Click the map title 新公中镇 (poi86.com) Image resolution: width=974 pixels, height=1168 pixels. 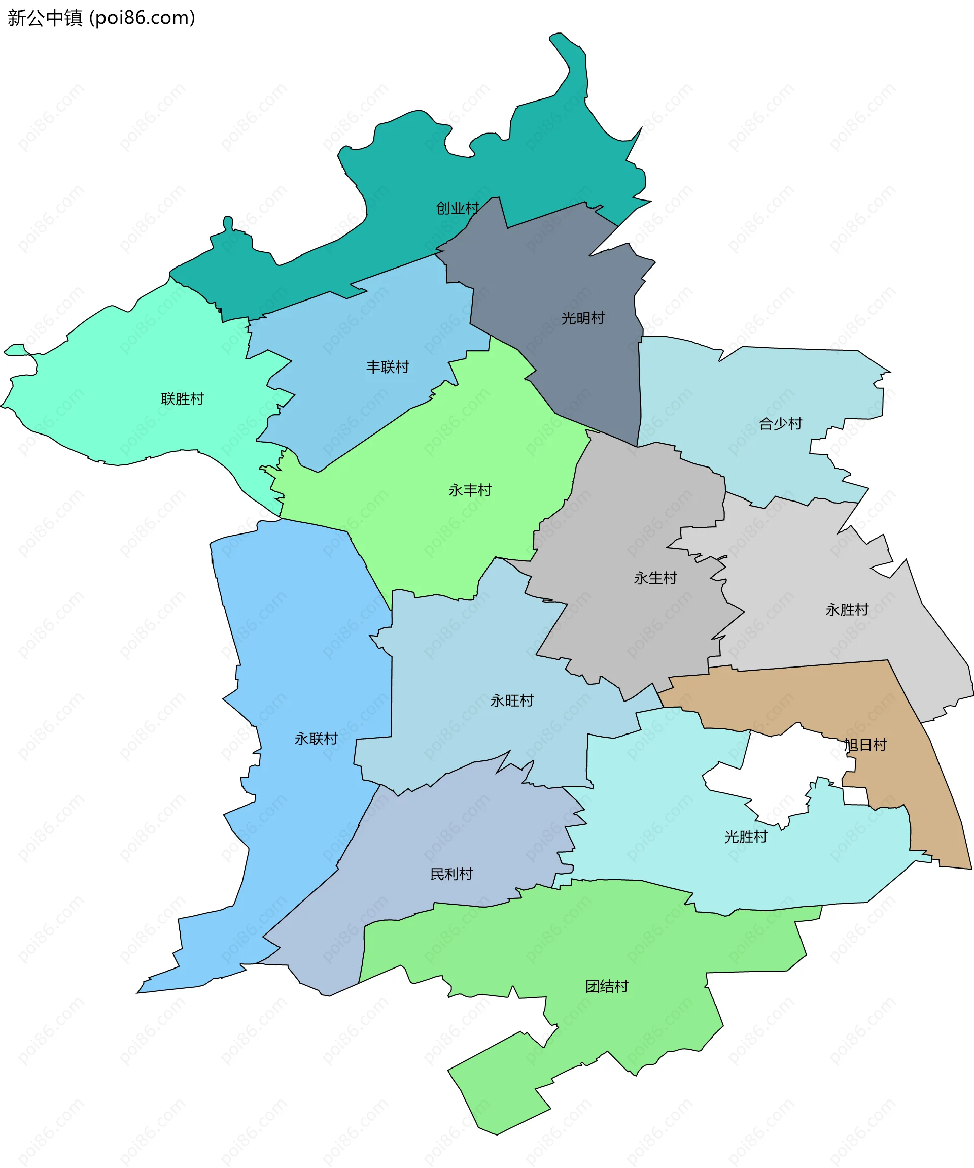[x=101, y=18]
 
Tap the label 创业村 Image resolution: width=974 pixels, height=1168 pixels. [x=458, y=208]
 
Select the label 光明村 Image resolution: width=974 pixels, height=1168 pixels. [x=582, y=318]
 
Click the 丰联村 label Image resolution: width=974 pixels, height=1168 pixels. [x=388, y=367]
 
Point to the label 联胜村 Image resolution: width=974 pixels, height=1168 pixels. [x=182, y=399]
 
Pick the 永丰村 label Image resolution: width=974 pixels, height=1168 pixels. [x=470, y=490]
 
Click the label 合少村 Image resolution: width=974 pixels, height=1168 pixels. [x=781, y=424]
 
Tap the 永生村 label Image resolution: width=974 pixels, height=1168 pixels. [x=655, y=578]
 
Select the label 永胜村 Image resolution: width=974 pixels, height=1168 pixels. [x=847, y=610]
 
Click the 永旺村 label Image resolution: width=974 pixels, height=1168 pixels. [x=511, y=700]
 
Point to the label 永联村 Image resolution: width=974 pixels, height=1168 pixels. [x=316, y=739]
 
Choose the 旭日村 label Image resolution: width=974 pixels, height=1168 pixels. [x=865, y=745]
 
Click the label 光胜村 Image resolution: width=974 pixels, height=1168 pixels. [x=746, y=837]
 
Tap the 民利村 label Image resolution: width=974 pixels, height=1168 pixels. [x=451, y=874]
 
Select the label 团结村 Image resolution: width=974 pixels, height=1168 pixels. [x=607, y=986]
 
